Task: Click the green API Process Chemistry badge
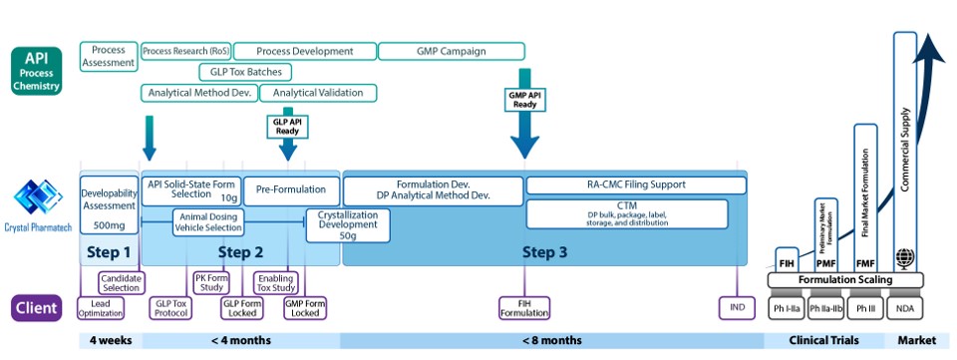[36, 72]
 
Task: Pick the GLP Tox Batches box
[245, 72]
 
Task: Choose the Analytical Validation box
[318, 93]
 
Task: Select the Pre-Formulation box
[291, 188]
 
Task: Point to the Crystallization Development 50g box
[347, 224]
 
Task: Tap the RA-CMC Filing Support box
[635, 184]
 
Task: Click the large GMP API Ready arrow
[523, 115]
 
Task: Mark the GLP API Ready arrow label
[287, 127]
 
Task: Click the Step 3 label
[544, 251]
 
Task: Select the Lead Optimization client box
[100, 307]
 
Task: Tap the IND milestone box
[736, 306]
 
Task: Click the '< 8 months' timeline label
[551, 341]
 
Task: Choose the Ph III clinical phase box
[864, 307]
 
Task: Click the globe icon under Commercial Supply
[905, 255]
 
